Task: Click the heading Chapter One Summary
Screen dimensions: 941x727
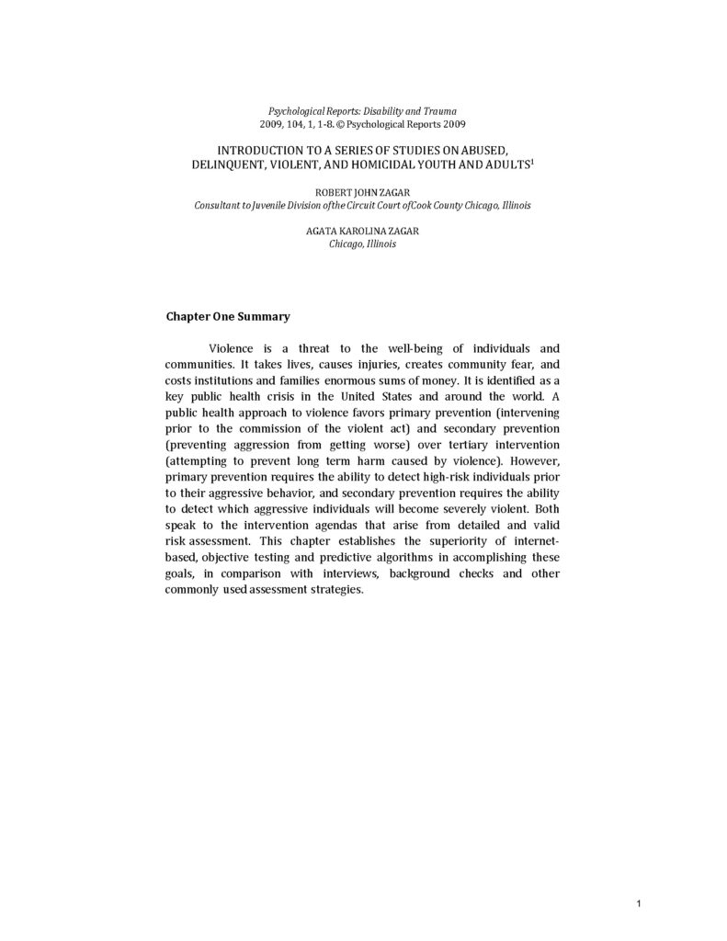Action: coord(227,316)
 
